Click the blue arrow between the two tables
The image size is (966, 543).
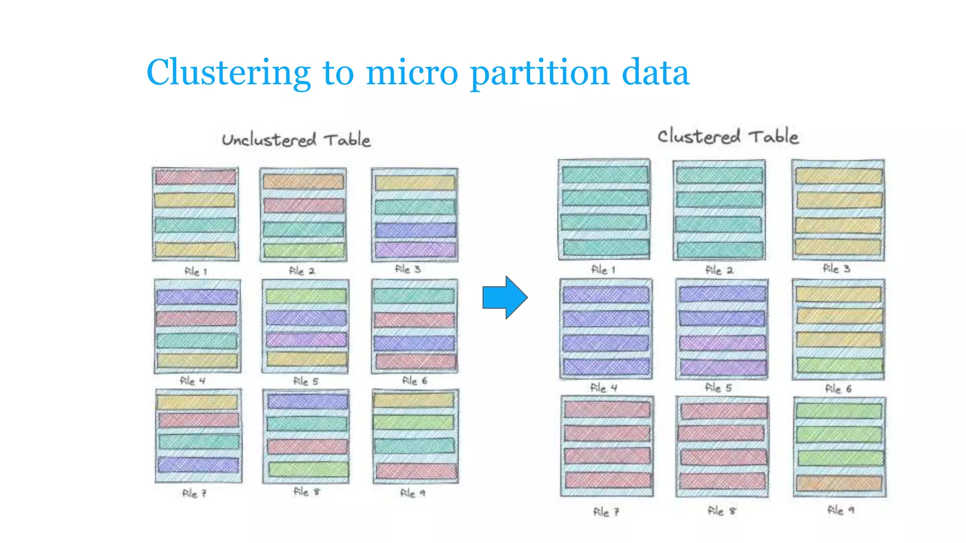point(504,297)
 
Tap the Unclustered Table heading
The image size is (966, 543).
point(296,140)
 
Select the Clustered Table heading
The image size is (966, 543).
point(728,137)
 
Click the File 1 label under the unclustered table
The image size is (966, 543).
point(195,271)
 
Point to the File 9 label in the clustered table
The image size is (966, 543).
point(840,510)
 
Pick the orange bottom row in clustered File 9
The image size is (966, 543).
point(839,483)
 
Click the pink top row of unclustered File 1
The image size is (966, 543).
point(195,177)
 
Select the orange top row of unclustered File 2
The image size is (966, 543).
point(303,181)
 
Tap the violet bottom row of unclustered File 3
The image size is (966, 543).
point(416,249)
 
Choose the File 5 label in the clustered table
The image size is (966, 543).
point(718,388)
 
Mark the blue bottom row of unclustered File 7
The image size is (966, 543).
point(198,465)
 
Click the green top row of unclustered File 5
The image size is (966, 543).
point(306,296)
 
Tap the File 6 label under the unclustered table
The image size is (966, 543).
point(414,381)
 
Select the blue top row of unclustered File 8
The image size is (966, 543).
point(308,401)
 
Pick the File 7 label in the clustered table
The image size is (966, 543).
point(606,512)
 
